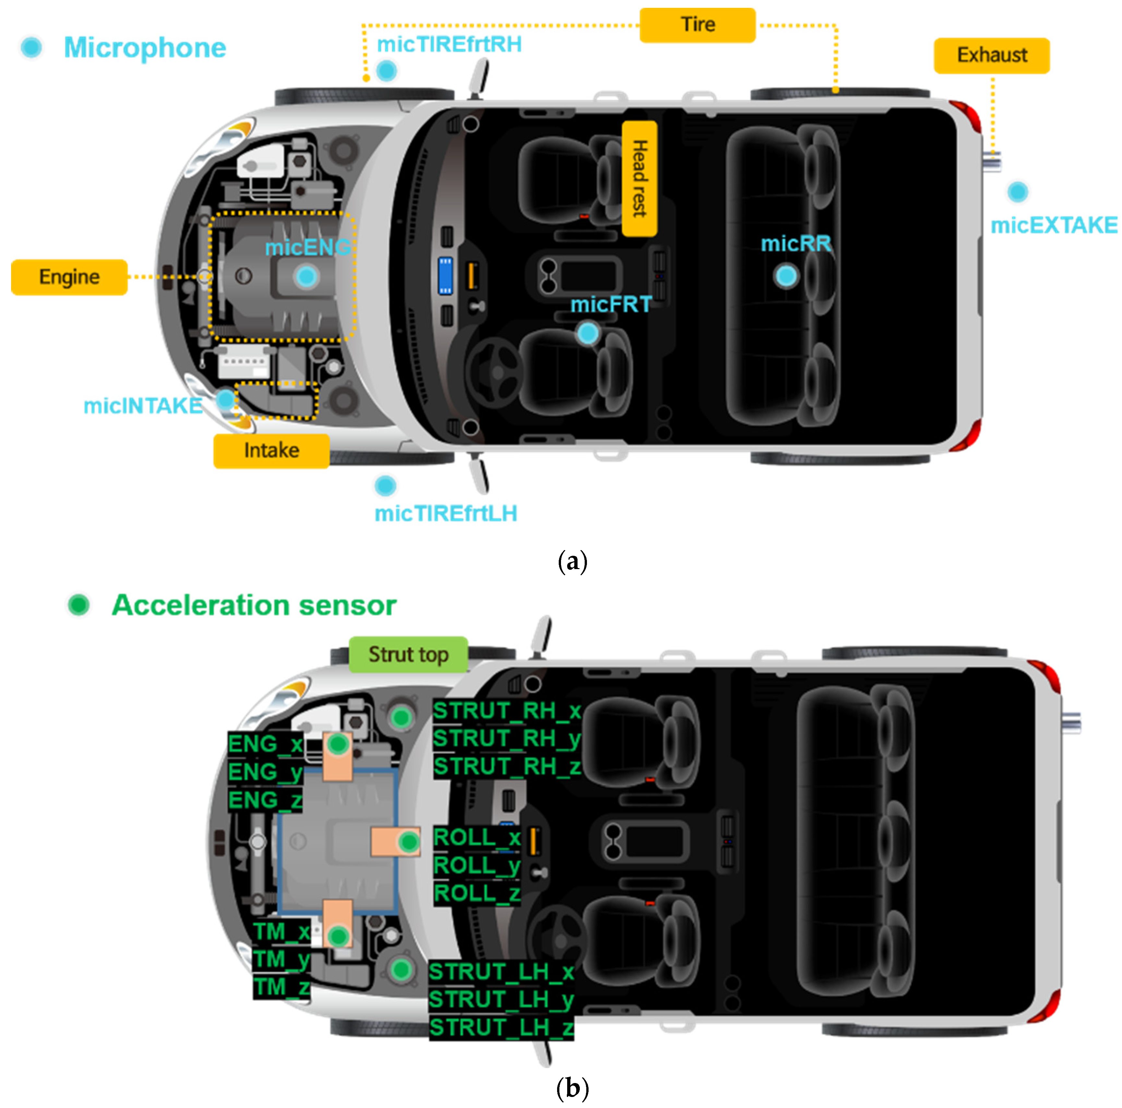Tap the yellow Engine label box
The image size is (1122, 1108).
point(69,277)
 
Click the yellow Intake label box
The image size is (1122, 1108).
point(271,451)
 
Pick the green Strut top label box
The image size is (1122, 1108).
point(408,654)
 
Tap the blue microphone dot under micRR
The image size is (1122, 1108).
point(786,276)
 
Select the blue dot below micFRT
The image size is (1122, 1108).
point(588,333)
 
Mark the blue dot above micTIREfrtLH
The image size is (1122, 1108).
point(385,485)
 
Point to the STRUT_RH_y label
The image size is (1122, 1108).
point(507,739)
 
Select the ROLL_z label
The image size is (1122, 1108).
point(477,893)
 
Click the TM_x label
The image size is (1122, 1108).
point(282,932)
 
